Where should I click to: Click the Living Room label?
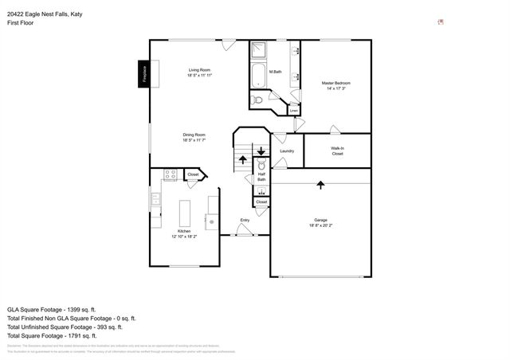(x=198, y=71)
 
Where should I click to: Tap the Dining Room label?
(x=194, y=135)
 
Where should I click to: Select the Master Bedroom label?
(x=336, y=84)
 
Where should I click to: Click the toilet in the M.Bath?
(x=257, y=100)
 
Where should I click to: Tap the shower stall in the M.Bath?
(x=260, y=51)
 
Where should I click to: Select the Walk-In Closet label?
(x=337, y=151)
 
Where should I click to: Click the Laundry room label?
(x=288, y=151)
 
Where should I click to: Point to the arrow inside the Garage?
(x=320, y=185)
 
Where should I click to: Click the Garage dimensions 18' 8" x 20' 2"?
(x=320, y=226)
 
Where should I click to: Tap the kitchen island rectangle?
(x=185, y=213)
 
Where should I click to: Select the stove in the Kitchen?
(x=170, y=174)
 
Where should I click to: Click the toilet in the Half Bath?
(x=261, y=166)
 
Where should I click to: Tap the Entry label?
(x=245, y=220)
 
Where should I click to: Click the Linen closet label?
(x=294, y=111)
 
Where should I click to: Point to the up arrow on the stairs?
(x=243, y=160)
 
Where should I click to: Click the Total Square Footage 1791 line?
(x=53, y=335)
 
